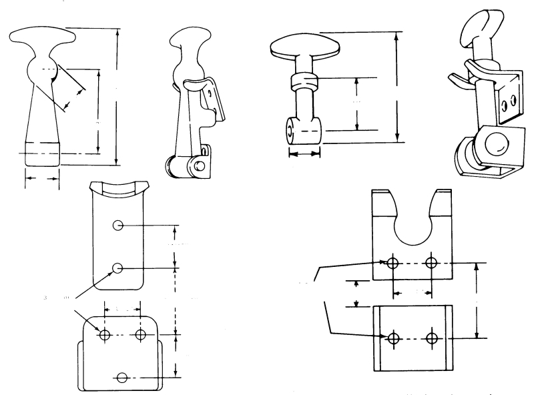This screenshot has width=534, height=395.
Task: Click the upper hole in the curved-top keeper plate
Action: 117,225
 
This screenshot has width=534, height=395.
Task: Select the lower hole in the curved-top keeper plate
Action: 117,268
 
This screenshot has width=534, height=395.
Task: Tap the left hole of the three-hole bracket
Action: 104,334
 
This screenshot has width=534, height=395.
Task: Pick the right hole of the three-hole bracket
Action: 141,334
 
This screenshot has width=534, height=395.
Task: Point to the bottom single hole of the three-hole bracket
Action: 121,378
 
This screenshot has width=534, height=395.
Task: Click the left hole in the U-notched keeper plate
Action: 393,262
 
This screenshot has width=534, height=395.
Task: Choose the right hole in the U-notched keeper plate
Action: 432,262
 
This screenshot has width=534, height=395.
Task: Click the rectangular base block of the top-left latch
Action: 43,154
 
